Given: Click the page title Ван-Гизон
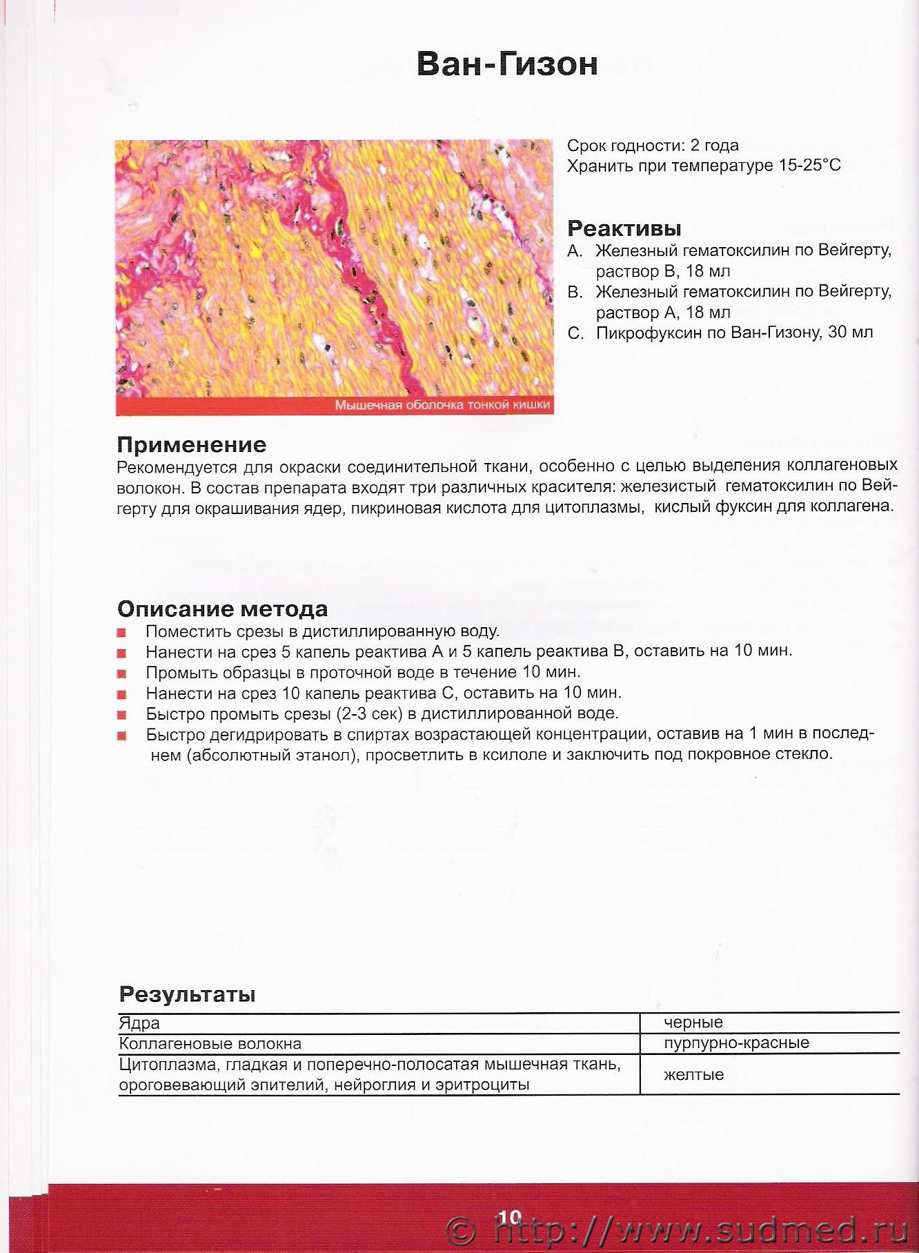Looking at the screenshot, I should tap(507, 64).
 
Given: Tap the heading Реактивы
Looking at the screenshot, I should tap(624, 228).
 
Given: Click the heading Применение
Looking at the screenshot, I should tap(191, 444).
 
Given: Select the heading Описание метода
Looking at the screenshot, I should tap(222, 609).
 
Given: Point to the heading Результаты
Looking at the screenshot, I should tap(187, 994).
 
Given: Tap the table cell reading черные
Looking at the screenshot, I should tap(693, 1023).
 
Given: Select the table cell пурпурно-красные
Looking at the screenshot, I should tap(736, 1043).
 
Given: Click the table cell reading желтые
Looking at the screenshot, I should tap(693, 1075).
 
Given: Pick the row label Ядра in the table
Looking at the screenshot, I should tap(139, 1023).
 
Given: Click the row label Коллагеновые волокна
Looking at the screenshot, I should tap(210, 1044).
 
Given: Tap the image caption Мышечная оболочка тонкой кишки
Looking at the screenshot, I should tap(442, 405).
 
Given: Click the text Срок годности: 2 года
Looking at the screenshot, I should tap(653, 146).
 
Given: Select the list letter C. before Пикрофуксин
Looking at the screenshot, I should tap(575, 333).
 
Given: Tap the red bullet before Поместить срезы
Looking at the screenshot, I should tap(121, 632).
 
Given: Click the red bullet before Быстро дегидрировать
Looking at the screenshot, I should tap(121, 736).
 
